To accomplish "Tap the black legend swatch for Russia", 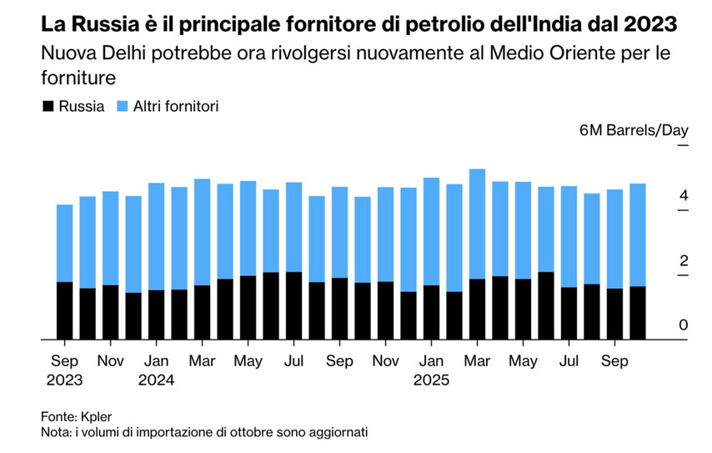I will pyautogui.click(x=48, y=106).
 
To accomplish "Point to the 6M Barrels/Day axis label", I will pyautogui.click(x=622, y=131).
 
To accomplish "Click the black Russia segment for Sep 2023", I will pyautogui.click(x=64, y=310).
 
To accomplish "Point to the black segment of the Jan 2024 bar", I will pyautogui.click(x=156, y=315).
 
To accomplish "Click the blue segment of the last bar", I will pyautogui.click(x=637, y=234).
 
